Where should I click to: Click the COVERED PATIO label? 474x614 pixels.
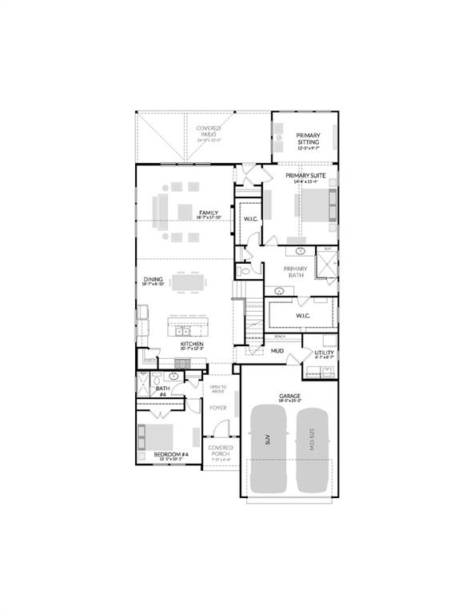point(209,131)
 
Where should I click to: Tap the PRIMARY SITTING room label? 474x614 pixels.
point(308,138)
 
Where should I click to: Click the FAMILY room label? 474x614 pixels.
point(209,213)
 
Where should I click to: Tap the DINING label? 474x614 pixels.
point(153,280)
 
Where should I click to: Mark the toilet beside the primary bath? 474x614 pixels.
point(245,272)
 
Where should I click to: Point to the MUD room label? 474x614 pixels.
point(277,350)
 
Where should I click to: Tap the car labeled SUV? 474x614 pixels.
point(268,449)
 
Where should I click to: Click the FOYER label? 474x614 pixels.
point(218,408)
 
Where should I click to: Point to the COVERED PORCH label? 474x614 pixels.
point(220,451)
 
